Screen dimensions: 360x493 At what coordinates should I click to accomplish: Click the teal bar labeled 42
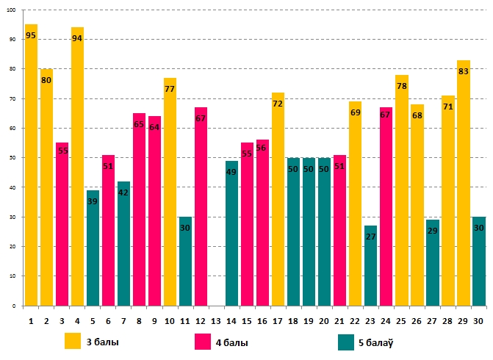click(x=123, y=243)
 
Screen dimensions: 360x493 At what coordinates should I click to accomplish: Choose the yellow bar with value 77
click(x=170, y=192)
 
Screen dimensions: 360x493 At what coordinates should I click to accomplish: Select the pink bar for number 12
click(x=201, y=206)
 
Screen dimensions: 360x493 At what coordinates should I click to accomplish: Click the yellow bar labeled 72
click(x=278, y=199)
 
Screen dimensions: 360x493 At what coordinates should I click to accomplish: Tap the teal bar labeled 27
click(x=370, y=265)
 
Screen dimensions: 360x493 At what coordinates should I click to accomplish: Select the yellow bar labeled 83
click(x=463, y=183)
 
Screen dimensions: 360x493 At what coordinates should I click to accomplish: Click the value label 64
click(x=154, y=127)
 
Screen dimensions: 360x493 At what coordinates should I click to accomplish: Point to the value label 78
click(x=401, y=86)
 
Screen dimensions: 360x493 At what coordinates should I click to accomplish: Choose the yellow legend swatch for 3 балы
click(x=73, y=342)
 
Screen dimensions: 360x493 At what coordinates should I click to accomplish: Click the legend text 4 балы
click(x=232, y=342)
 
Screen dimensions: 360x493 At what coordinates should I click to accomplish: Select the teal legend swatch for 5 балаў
click(x=346, y=342)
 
